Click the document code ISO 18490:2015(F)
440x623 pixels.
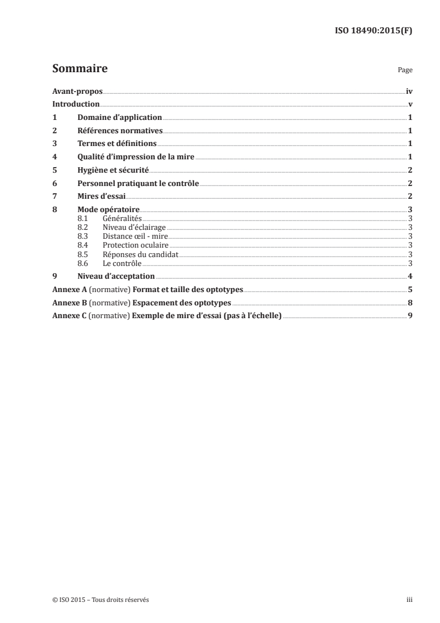(x=373, y=31)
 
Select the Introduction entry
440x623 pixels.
(x=75, y=104)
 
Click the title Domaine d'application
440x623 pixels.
(x=119, y=118)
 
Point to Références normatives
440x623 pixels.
(x=120, y=130)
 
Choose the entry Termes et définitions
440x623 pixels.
(x=117, y=144)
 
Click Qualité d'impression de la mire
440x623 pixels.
(x=136, y=157)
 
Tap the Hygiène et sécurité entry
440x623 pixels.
(x=113, y=170)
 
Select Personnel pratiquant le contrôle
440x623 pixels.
(x=138, y=183)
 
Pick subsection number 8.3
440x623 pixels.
(x=83, y=236)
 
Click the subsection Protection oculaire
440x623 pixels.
(x=135, y=245)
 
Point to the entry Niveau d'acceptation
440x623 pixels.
(x=116, y=277)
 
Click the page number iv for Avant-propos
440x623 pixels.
(x=408, y=91)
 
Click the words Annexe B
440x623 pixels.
(x=68, y=303)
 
